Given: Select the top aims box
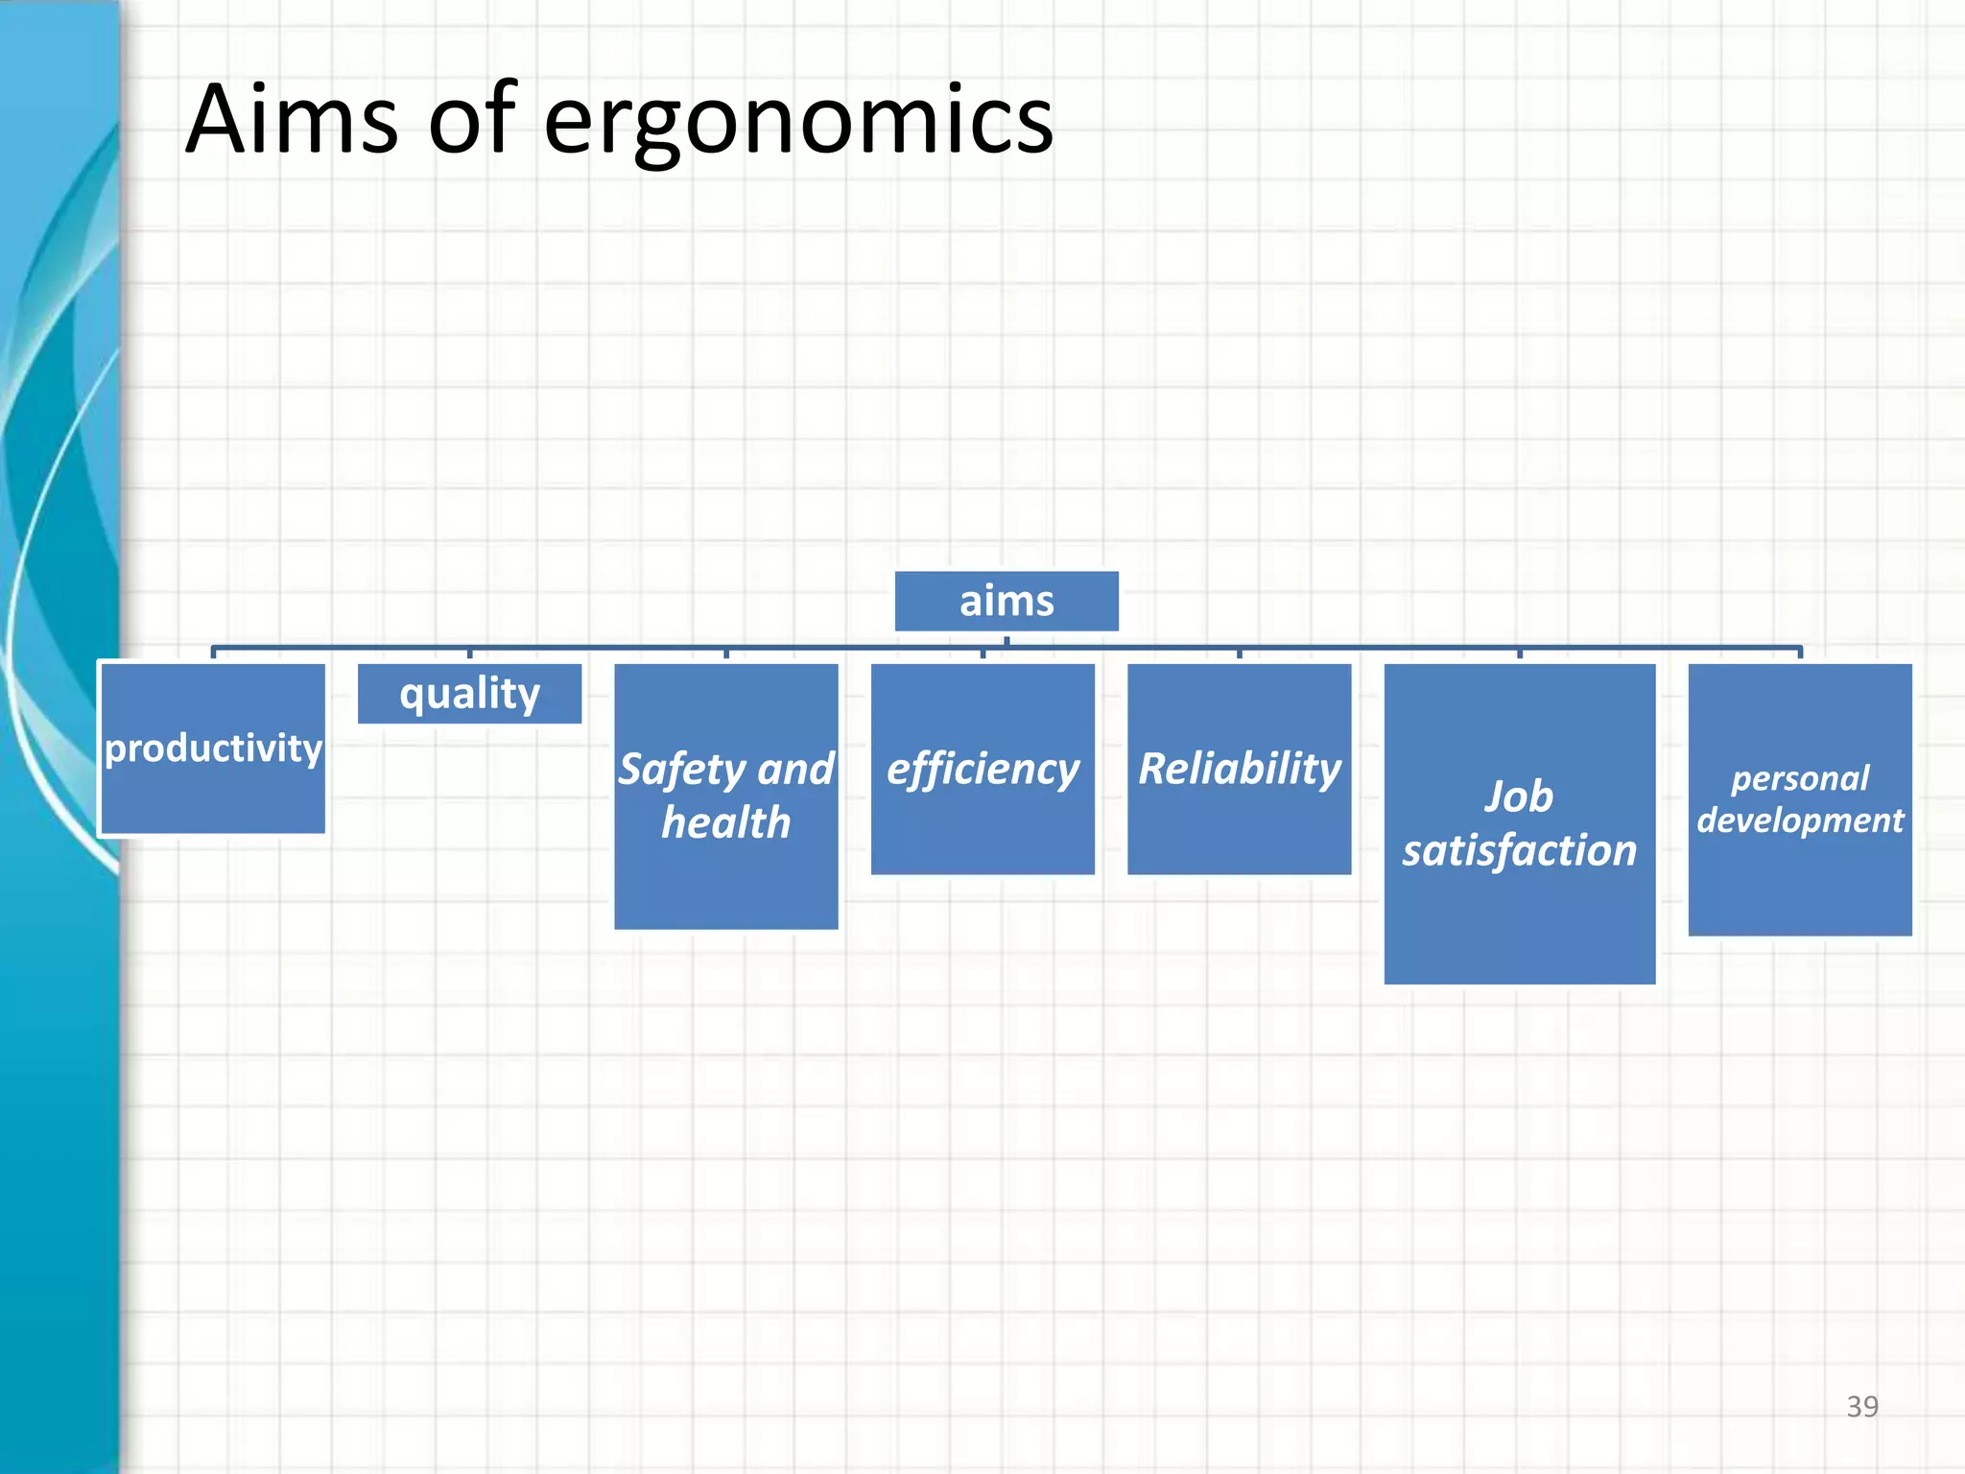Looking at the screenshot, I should pos(1006,602).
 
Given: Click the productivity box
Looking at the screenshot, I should pos(212,749).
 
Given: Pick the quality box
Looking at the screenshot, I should pos(469,693).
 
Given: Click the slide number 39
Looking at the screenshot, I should pos(1861,1407).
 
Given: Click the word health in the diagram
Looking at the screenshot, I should pos(726,823).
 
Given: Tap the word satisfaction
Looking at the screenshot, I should pos(1519,851).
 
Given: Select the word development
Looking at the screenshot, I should pos(1800,821).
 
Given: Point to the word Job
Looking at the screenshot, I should pos(1519,796).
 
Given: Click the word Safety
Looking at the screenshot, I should pos(681,770).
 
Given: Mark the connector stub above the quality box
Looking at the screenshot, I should pos(469,654).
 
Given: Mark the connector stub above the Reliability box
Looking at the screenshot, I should pos(1239,654).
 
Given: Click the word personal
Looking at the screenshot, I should pos(1800,778).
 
